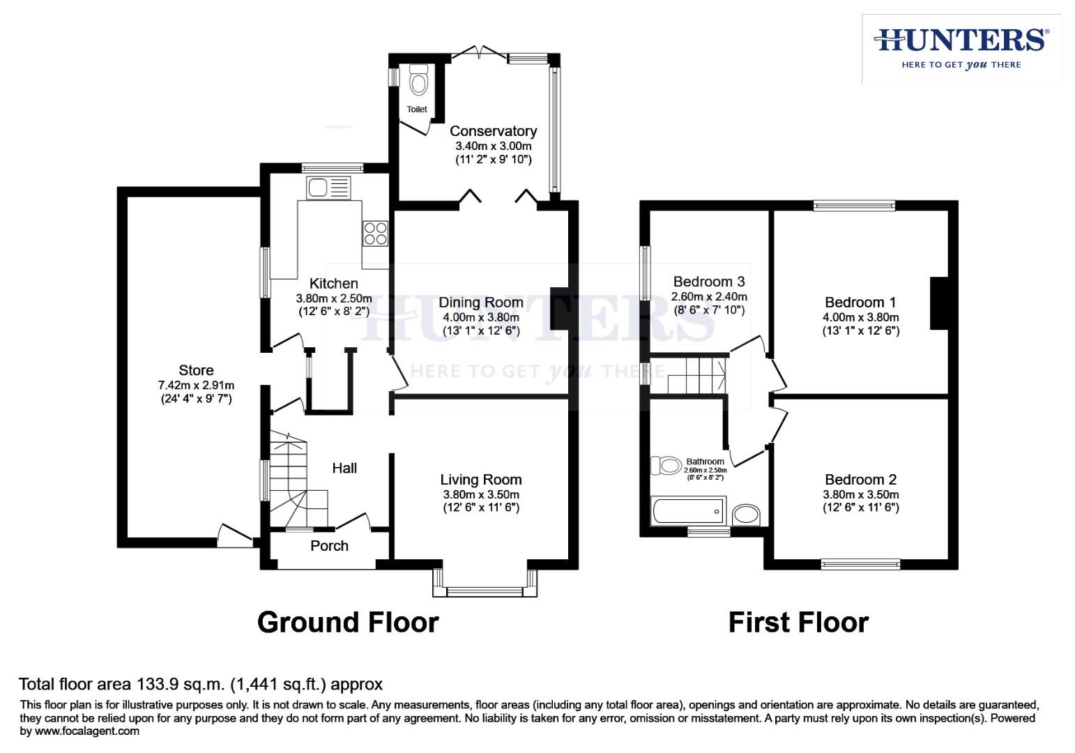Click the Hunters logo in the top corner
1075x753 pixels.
pos(961,48)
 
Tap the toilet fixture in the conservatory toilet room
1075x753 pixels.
pos(418,81)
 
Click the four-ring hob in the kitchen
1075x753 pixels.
pos(375,233)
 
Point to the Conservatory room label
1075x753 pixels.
pos(493,131)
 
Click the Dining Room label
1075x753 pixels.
pos(480,303)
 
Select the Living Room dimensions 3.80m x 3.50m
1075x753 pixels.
pos(480,494)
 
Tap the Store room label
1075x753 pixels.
pos(196,370)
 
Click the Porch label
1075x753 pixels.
pos(329,546)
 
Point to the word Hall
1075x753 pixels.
pos(344,469)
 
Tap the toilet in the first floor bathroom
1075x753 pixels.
pos(666,466)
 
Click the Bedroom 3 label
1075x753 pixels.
pos(708,282)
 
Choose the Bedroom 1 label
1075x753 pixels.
pos(860,303)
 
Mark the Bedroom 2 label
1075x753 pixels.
pos(860,480)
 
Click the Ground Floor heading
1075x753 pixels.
pos(348,622)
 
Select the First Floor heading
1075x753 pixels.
pos(798,622)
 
